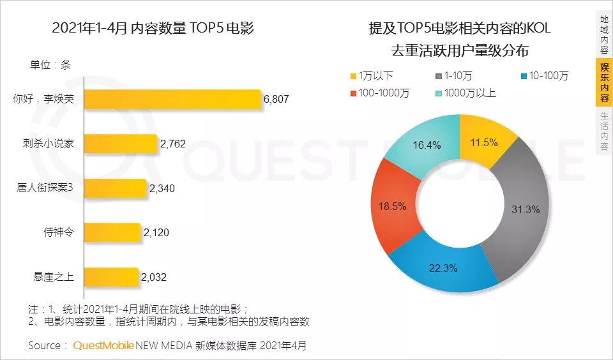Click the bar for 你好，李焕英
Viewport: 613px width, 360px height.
pos(173,100)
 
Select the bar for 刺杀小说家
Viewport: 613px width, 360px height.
pos(121,144)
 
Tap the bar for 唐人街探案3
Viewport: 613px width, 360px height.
pos(116,188)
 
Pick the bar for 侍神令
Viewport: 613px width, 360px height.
pos(112,232)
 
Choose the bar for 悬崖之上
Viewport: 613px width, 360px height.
pos(112,277)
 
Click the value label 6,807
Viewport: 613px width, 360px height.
pos(276,100)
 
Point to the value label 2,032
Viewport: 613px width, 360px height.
pos(154,277)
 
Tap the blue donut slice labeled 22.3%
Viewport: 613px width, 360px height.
pos(444,269)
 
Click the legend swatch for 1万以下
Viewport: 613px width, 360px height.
pos(354,76)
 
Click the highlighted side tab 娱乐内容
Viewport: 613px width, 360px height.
pos(603,82)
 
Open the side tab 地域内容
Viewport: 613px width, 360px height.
pos(603,35)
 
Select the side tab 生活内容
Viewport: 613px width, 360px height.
pos(603,131)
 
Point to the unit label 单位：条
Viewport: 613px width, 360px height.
pos(50,64)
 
